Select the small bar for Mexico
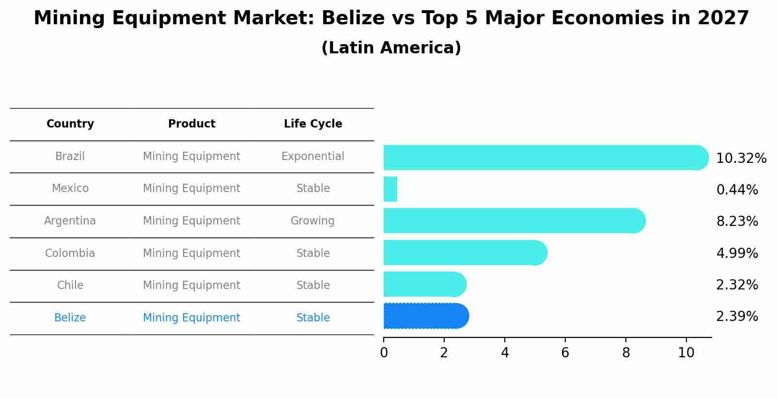point(390,189)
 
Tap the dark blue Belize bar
point(425,316)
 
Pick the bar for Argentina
point(513,221)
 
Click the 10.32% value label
point(741,159)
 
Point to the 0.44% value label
point(737,190)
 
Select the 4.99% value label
point(737,253)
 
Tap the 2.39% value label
point(737,317)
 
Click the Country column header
point(70,124)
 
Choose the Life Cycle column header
point(313,124)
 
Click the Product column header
point(191,124)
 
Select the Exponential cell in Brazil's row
point(312,157)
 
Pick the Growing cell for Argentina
point(312,221)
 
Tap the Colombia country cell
point(70,254)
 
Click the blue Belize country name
point(70,318)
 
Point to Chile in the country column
point(70,286)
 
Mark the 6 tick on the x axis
point(565,352)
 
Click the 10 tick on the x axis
point(686,352)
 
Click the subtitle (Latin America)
point(391,48)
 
